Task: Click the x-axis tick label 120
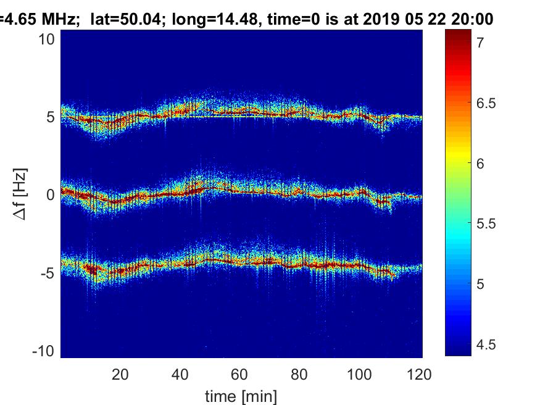[x=419, y=374]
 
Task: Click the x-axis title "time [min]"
[x=241, y=395]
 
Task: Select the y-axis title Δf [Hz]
[x=21, y=194]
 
